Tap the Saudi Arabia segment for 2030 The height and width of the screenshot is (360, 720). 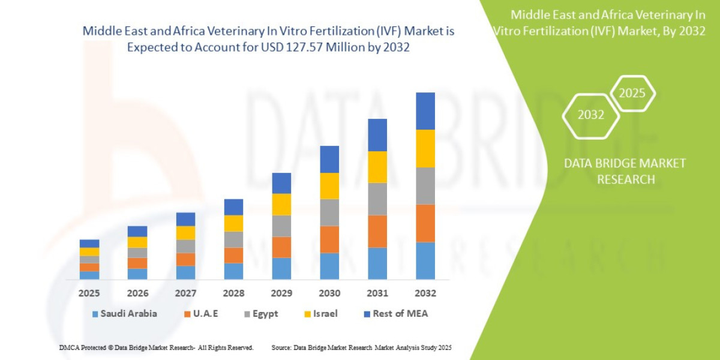tap(329, 266)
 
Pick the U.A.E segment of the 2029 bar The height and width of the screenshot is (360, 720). tap(281, 247)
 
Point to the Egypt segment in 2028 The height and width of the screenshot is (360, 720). tap(233, 239)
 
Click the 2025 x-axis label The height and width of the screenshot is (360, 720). tap(89, 293)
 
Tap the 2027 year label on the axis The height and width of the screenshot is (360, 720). tap(185, 293)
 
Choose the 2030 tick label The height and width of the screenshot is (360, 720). tap(329, 293)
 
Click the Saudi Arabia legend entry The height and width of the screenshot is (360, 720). tap(124, 314)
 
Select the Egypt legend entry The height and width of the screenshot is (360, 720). tap(260, 314)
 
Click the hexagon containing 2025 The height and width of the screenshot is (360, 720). tap(632, 94)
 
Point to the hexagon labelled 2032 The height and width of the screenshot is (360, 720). tap(590, 115)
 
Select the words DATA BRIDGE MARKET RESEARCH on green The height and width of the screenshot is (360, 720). tap(625, 171)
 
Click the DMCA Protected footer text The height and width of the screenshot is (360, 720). tap(155, 347)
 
